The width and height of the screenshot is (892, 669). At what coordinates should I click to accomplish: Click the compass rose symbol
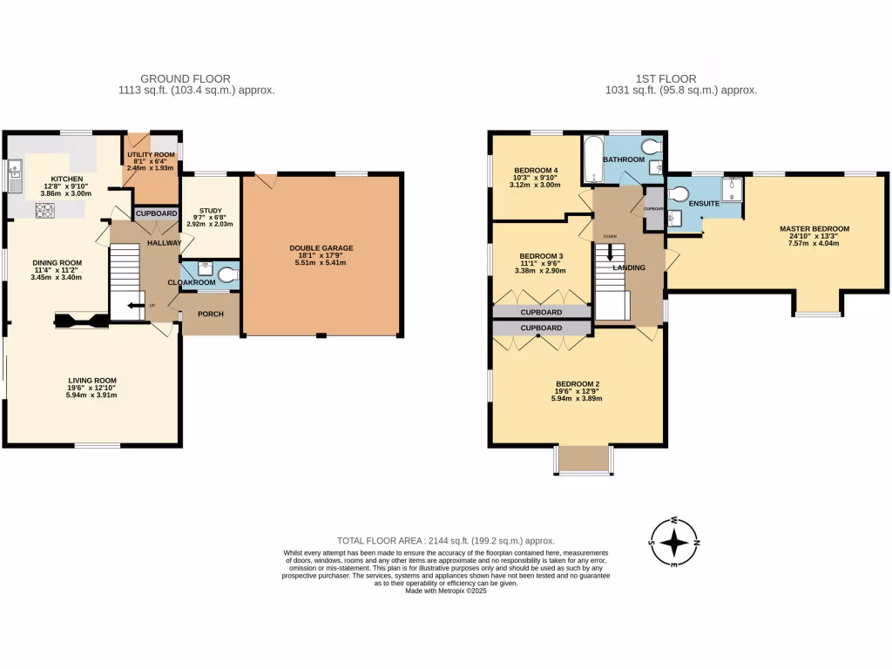(674, 543)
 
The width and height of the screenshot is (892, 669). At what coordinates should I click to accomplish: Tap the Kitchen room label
(67, 179)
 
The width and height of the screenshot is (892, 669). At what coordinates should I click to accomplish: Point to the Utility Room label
(151, 152)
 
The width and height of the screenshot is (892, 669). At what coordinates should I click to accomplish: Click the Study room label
(210, 210)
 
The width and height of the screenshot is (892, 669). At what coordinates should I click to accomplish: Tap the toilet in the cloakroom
(227, 276)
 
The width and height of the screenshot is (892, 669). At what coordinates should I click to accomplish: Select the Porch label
(210, 314)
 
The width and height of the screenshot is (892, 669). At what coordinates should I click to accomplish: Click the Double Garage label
(321, 247)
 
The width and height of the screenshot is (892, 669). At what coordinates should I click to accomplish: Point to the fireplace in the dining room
(82, 321)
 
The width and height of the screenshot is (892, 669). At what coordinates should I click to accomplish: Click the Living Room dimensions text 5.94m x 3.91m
(92, 395)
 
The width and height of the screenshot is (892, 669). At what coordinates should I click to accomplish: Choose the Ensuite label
(703, 203)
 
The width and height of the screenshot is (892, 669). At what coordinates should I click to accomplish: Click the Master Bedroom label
(814, 229)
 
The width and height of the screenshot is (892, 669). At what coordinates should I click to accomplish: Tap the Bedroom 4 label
(536, 170)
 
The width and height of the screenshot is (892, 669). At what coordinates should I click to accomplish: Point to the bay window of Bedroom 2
(582, 460)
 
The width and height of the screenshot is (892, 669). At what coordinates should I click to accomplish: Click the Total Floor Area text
(445, 541)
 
